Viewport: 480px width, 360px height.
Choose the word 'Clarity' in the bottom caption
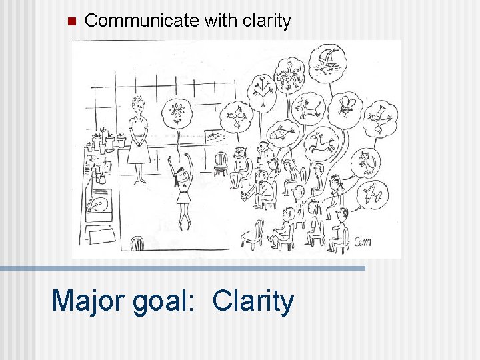253,301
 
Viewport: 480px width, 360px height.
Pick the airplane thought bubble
373,193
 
